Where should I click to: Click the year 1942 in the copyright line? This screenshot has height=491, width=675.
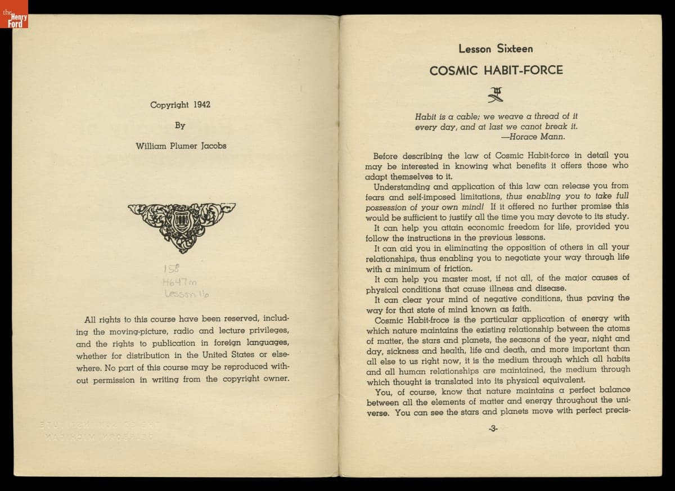click(201, 105)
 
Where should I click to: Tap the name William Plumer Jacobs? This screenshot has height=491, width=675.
click(181, 146)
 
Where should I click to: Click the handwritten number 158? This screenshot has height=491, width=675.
click(170, 267)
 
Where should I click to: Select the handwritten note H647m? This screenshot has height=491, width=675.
click(178, 281)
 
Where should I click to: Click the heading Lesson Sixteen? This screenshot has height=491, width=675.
click(496, 49)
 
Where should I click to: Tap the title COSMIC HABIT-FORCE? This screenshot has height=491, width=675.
click(496, 71)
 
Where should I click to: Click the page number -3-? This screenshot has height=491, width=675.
click(493, 428)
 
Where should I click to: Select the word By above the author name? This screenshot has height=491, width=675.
click(180, 125)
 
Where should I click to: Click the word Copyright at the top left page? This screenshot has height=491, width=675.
click(169, 105)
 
